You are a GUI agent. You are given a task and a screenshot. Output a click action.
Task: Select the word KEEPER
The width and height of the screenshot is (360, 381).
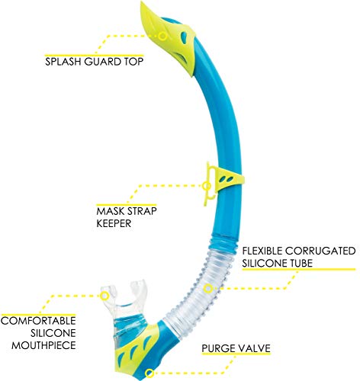pyautogui.click(x=114, y=223)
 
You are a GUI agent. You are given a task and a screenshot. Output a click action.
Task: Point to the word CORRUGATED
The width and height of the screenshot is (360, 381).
pyautogui.click(x=320, y=251)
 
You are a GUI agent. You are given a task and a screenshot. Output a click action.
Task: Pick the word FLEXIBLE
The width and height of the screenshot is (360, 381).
pyautogui.click(x=262, y=251)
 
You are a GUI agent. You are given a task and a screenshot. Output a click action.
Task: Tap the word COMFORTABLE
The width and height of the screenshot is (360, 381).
pyautogui.click(x=38, y=321)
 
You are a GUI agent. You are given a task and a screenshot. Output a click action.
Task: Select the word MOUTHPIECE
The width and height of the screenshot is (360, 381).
pyautogui.click(x=43, y=345)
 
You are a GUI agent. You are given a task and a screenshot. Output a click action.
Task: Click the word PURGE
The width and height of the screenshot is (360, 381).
pyautogui.click(x=218, y=348)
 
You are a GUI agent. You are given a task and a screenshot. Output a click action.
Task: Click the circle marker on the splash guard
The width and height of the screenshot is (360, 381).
pyautogui.click(x=162, y=37)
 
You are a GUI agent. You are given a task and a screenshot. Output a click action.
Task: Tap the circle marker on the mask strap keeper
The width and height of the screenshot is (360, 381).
pyautogui.click(x=207, y=186)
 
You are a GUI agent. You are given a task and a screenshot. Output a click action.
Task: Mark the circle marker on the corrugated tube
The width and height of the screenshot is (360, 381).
pyautogui.click(x=208, y=289)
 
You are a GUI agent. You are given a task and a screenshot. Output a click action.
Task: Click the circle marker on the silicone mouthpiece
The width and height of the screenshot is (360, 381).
pyautogui.click(x=104, y=296)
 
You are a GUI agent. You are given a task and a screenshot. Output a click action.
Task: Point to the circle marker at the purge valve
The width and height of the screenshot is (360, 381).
pyautogui.click(x=149, y=373)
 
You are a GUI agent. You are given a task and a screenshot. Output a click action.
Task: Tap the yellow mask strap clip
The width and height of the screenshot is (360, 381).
pyautogui.click(x=223, y=181)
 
